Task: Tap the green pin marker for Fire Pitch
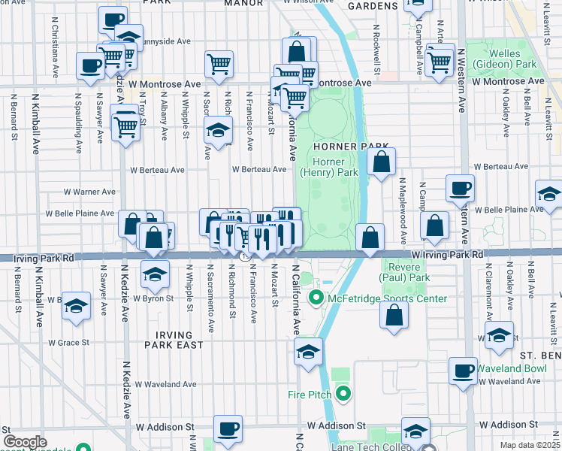tap(343, 393)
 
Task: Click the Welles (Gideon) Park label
tap(512, 59)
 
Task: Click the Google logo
tap(25, 442)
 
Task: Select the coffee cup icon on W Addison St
tap(228, 429)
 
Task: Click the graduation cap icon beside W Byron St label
tap(155, 274)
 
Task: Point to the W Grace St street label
tap(68, 342)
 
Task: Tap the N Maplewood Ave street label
tap(403, 204)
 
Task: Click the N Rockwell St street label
tap(376, 50)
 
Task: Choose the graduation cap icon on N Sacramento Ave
tap(218, 132)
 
